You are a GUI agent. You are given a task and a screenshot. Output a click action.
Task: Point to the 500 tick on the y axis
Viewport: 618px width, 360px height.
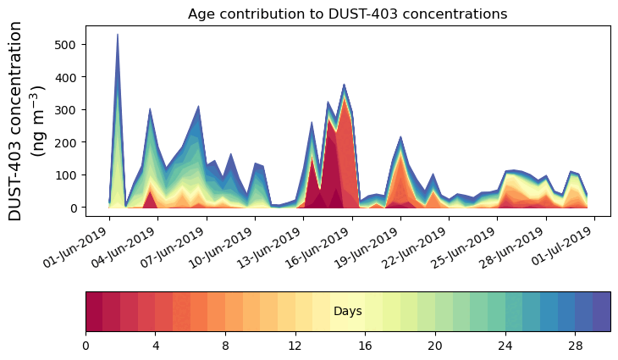coord(69,44)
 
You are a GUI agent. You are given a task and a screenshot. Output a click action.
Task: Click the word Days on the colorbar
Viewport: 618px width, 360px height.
coord(348,312)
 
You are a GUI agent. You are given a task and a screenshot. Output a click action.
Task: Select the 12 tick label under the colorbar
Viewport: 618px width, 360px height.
coord(295,346)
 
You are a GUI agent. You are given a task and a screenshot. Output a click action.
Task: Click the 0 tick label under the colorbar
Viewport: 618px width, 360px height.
coord(86,346)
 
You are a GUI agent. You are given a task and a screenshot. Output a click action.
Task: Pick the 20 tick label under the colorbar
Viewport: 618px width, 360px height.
coord(435,346)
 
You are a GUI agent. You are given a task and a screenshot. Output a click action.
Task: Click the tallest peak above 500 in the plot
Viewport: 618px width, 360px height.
coord(117,36)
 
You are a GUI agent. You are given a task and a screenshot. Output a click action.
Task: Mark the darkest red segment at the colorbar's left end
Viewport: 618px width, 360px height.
coord(94,312)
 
